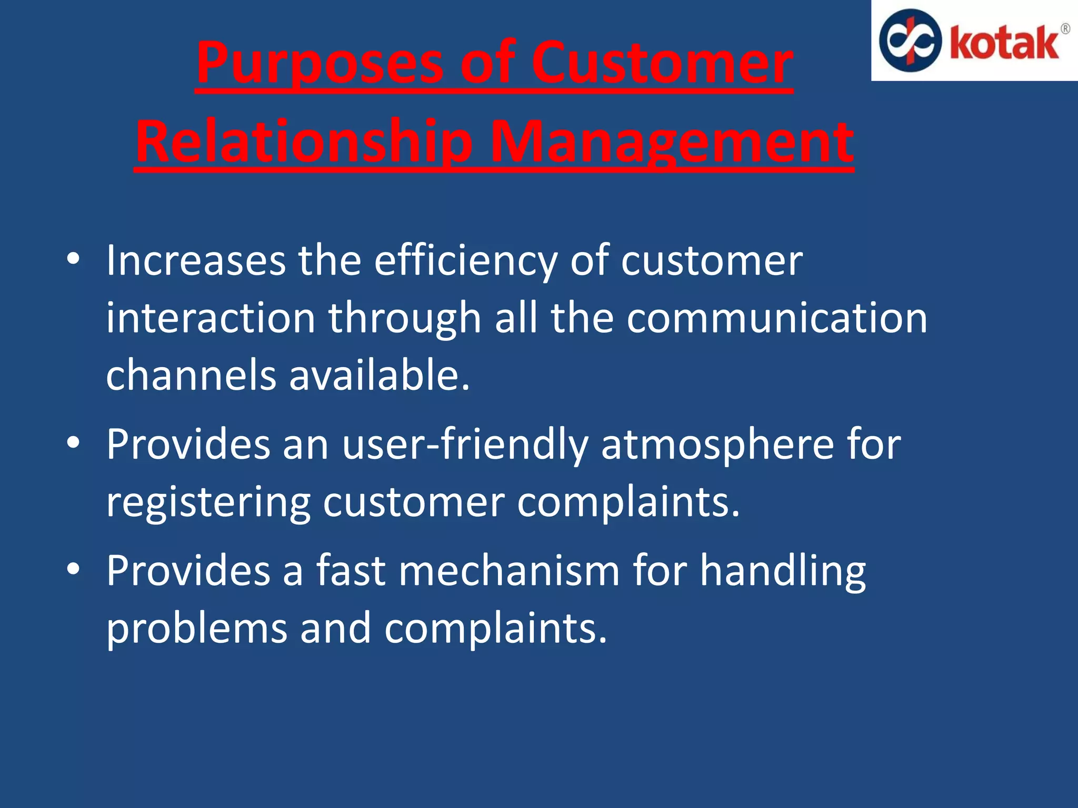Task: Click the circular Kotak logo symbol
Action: coord(910,41)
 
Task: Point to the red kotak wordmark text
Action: coord(1004,43)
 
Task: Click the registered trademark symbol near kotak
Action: coord(1065,29)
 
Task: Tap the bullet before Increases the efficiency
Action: coord(73,259)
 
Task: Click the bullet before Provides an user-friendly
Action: coord(73,443)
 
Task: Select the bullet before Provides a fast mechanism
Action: coord(73,569)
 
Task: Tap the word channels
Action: coord(191,375)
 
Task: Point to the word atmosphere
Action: coord(717,445)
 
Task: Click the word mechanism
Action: coord(509,571)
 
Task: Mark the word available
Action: coord(379,375)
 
